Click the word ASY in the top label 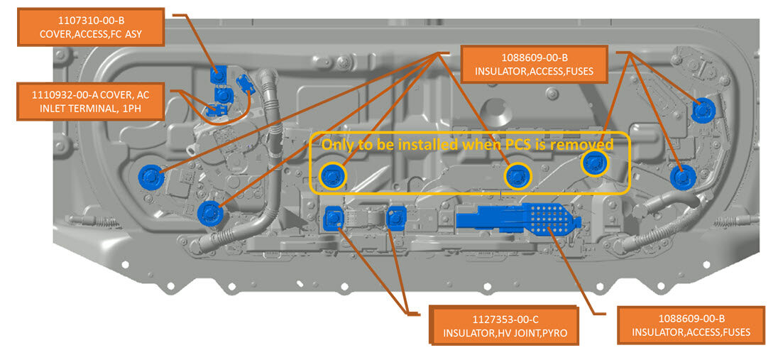point(138,33)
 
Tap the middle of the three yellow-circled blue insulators point(517,175)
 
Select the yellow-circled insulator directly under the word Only point(333,175)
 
